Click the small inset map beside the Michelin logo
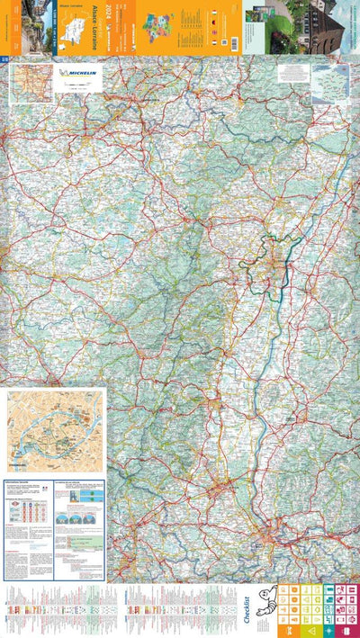point(29,82)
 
